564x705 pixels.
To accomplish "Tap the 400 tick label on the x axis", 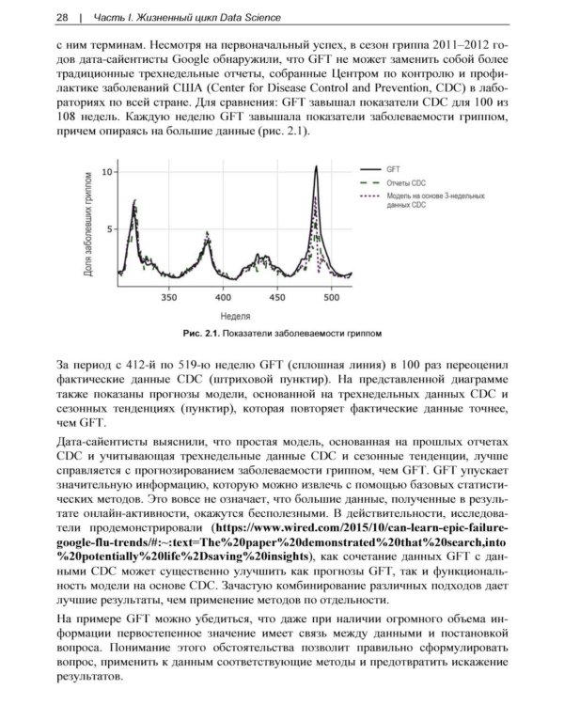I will pos(223,297).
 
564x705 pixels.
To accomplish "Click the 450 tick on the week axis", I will pos(277,297).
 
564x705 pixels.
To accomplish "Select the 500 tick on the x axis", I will pos(331,297).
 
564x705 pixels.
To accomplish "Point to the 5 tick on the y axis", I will pos(109,228).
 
